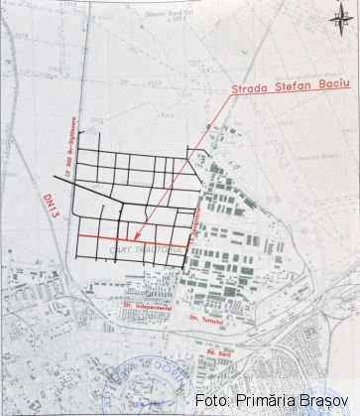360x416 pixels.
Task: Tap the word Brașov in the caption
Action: pos(323,401)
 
